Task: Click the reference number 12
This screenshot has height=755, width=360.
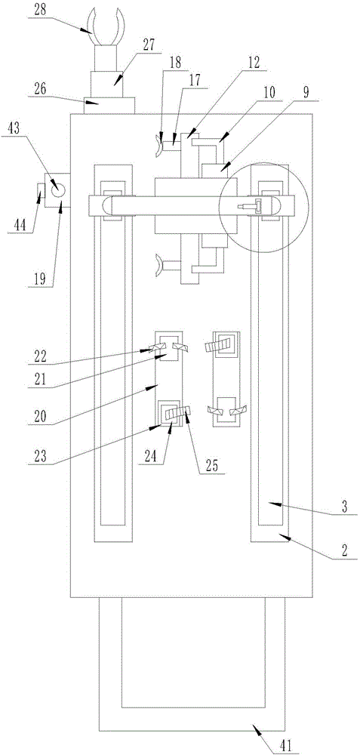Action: tap(253, 61)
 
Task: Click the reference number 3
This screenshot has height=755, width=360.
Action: tap(344, 507)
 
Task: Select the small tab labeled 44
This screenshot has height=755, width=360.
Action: tap(42, 191)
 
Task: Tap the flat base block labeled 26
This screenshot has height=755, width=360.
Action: tap(109, 105)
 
